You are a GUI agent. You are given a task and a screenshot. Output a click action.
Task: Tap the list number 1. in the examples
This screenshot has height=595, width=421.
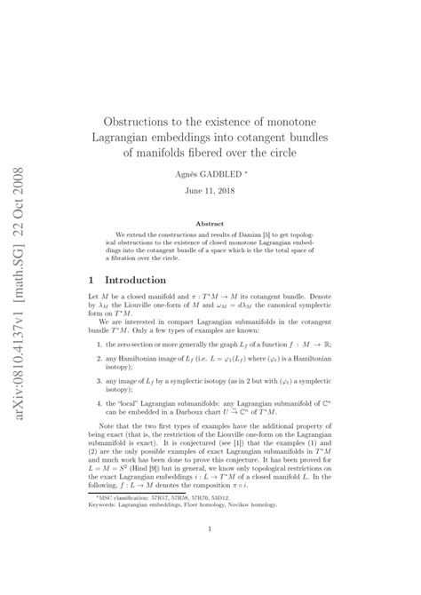click(99, 367)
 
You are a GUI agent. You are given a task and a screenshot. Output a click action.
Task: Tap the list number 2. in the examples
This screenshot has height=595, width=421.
click(99, 383)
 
